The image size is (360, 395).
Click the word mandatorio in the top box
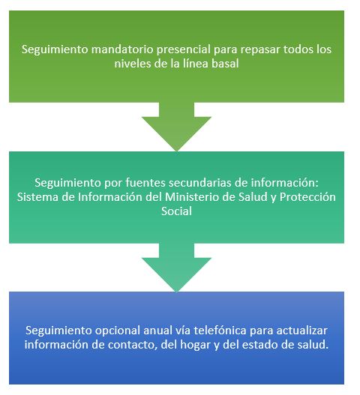click(x=122, y=49)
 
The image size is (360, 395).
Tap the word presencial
click(x=184, y=50)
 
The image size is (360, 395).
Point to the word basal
click(x=225, y=63)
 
